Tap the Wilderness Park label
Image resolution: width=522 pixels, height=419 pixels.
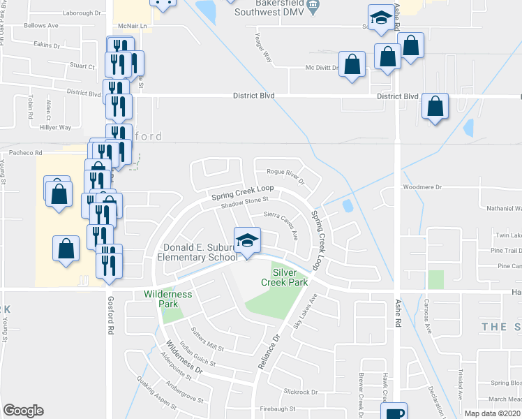coord(167,299)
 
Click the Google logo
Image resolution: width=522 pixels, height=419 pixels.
coord(23,411)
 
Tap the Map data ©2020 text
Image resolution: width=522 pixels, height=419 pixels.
coord(492,413)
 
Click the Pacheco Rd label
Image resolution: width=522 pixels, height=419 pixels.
coord(25,152)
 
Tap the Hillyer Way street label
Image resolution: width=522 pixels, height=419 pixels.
coord(55,128)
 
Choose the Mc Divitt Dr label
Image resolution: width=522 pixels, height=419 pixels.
coord(322,68)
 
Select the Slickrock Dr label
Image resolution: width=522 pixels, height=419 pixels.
coord(301,392)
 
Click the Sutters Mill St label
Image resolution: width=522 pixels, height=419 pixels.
coord(202,337)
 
